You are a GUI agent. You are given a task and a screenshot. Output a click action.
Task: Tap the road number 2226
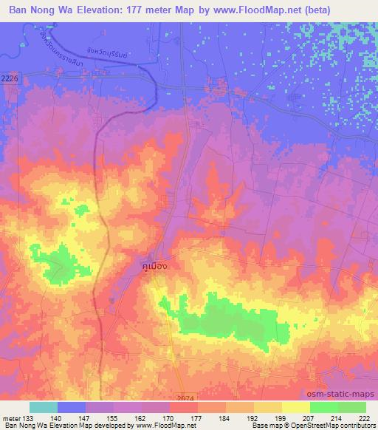pos(10,77)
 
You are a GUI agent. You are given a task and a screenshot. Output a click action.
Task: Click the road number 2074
pos(187,398)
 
